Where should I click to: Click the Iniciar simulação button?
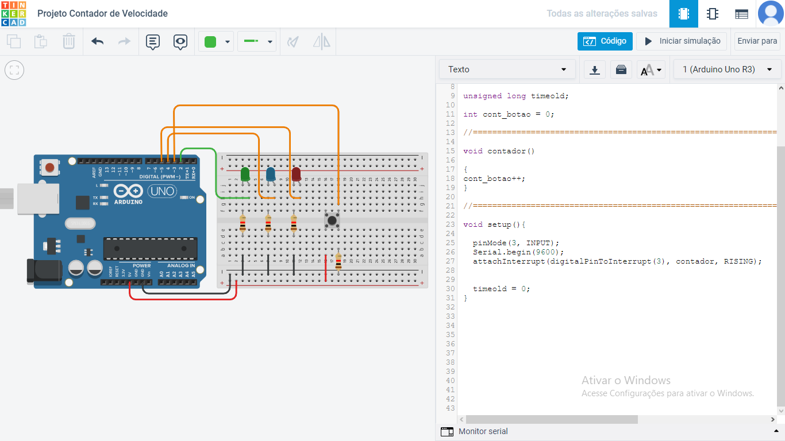(682, 41)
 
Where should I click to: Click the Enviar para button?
(757, 41)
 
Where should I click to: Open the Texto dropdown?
(507, 69)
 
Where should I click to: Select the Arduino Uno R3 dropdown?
(726, 69)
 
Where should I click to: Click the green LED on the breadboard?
(245, 175)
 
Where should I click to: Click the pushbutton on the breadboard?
(332, 219)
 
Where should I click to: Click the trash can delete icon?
(68, 41)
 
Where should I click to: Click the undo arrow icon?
(97, 41)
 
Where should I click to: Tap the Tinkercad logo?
(13, 14)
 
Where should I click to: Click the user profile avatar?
(771, 14)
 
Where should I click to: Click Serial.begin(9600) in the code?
(518, 252)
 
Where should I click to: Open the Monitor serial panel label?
(483, 431)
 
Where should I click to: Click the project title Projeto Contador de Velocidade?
(102, 14)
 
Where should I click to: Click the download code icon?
(595, 70)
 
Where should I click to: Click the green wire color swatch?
(210, 41)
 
